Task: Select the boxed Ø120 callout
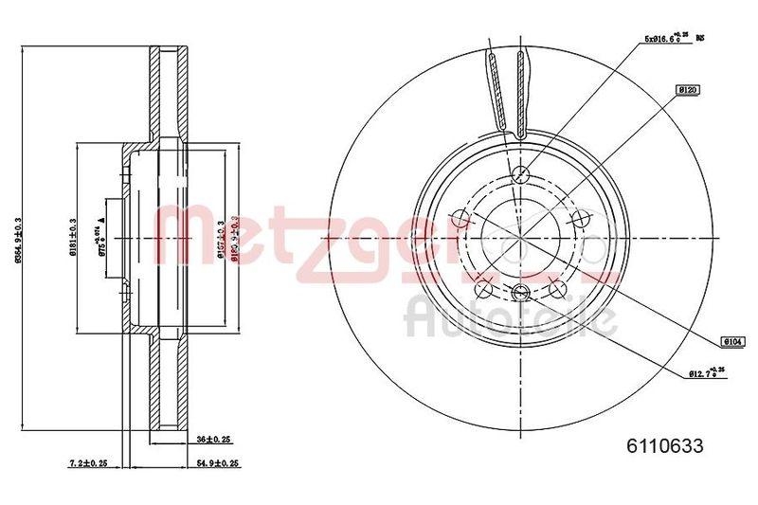686,89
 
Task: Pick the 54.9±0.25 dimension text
218,464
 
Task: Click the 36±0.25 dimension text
215,439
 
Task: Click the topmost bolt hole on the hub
519,174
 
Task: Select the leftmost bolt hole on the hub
461,220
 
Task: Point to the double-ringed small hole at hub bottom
519,292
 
